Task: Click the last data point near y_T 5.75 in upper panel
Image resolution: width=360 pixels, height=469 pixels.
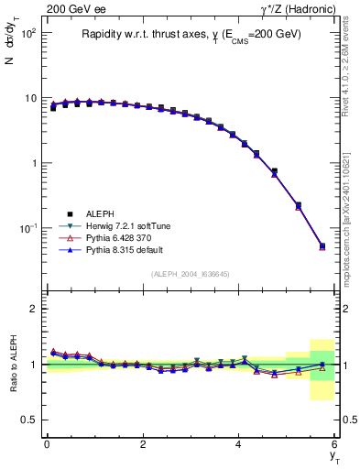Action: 322,245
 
